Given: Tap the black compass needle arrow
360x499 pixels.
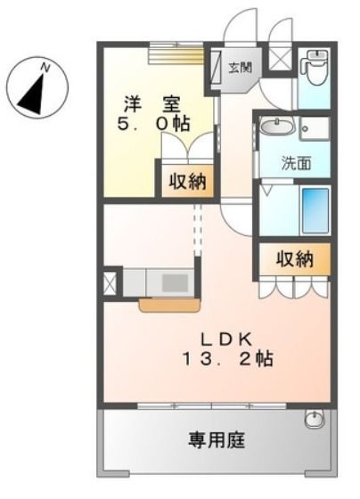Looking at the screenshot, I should pos(33,91).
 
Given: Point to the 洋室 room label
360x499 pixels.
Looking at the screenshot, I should pos(152,102).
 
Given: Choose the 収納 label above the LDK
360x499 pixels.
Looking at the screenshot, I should pos(293,259).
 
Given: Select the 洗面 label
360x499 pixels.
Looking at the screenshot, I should pos(297,163).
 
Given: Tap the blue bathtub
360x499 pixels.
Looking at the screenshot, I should pos(315,211).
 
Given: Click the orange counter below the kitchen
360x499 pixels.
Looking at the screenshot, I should pos(164,306).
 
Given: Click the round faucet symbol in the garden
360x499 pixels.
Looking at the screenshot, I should pos(314,420).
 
